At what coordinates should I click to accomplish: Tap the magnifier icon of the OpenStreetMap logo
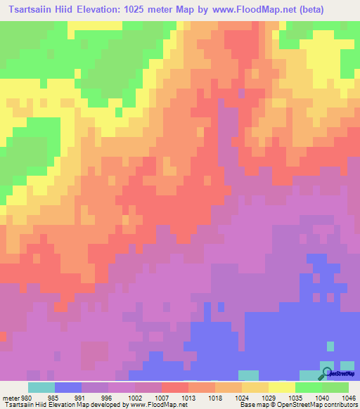pyautogui.click(x=327, y=372)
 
